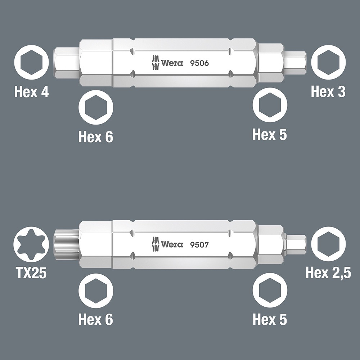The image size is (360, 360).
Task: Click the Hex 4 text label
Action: click(32, 92)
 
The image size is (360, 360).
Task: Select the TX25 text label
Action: click(31, 273)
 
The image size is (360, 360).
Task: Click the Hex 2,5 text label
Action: click(328, 273)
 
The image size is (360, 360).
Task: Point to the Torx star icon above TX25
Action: click(31, 245)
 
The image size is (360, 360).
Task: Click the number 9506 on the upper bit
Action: click(199, 63)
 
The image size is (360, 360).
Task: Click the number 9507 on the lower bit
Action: click(199, 245)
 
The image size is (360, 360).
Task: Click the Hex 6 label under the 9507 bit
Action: click(96, 319)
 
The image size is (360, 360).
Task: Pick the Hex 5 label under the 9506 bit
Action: click(270, 134)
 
